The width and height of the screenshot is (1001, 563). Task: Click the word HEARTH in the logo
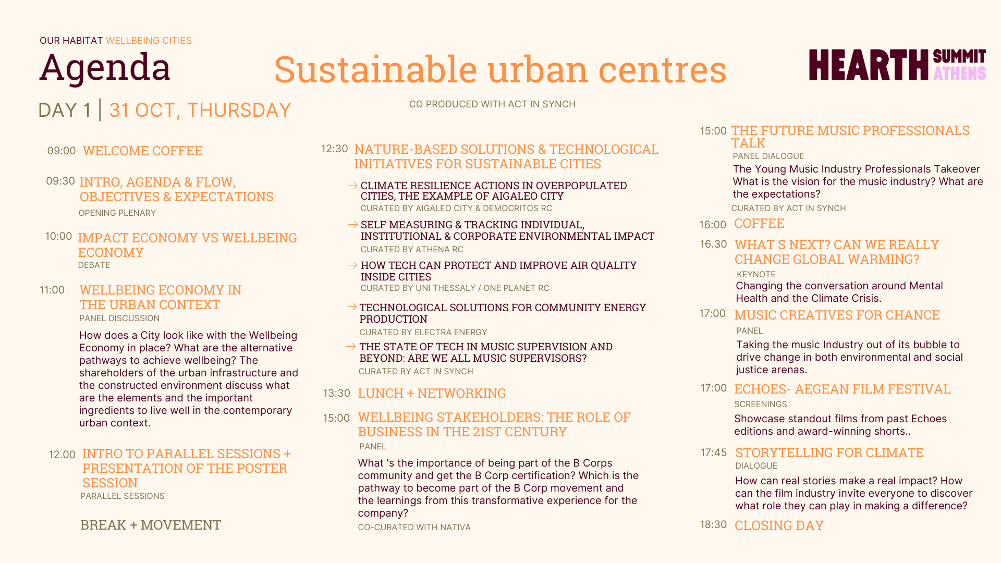[x=869, y=65]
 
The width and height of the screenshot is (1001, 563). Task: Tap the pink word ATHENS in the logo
[x=959, y=74]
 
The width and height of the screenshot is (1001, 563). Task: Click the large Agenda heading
[x=105, y=68]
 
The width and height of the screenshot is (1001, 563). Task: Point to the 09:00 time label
[x=62, y=151]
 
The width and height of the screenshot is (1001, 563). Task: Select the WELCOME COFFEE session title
[x=142, y=151]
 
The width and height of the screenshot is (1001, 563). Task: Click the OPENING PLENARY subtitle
[x=117, y=213]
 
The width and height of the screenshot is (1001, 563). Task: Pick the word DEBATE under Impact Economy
[x=94, y=265]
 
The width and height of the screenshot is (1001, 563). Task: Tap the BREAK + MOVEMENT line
[x=151, y=525]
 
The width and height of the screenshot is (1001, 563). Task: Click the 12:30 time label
[x=335, y=149]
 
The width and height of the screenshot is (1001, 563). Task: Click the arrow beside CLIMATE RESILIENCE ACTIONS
[x=352, y=186]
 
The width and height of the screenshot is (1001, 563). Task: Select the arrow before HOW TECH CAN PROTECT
[x=352, y=265]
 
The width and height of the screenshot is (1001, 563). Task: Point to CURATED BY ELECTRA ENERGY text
[x=423, y=332]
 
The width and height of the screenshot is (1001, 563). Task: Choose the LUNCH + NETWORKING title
[x=432, y=393]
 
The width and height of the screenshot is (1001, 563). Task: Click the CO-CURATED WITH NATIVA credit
[x=414, y=527]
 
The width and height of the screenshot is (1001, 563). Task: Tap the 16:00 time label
[x=713, y=225]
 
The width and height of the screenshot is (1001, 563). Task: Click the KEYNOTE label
[x=756, y=274]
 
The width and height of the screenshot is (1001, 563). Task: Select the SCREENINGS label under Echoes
[x=761, y=404]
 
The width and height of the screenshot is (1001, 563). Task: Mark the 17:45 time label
[x=714, y=452]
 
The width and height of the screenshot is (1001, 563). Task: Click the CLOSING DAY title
[x=779, y=525]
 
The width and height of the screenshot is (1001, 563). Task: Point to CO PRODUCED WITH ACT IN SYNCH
[x=492, y=104]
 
